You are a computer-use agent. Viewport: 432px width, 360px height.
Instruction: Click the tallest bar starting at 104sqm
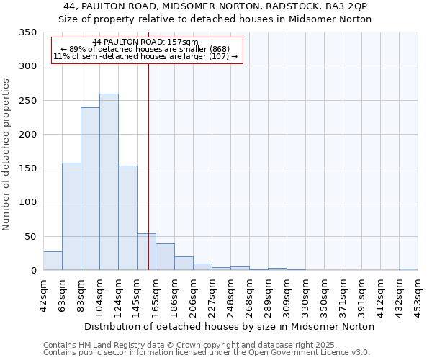click(109, 182)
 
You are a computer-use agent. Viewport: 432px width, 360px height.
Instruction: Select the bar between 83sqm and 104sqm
click(90, 189)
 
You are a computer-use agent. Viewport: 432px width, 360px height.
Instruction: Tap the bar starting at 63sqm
click(71, 216)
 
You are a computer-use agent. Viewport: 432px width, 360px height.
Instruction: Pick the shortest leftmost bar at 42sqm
click(53, 261)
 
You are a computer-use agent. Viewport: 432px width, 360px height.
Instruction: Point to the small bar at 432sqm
click(408, 269)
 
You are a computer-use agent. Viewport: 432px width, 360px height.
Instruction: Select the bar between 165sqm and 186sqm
click(165, 257)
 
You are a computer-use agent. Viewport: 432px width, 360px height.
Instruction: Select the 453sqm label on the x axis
click(418, 295)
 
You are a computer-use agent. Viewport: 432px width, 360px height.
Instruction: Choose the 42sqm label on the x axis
click(43, 295)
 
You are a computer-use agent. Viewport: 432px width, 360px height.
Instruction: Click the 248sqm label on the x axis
click(230, 295)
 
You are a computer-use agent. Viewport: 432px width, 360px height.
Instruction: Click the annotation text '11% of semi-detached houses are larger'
click(145, 57)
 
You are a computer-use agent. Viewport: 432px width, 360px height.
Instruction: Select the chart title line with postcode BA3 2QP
click(215, 6)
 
